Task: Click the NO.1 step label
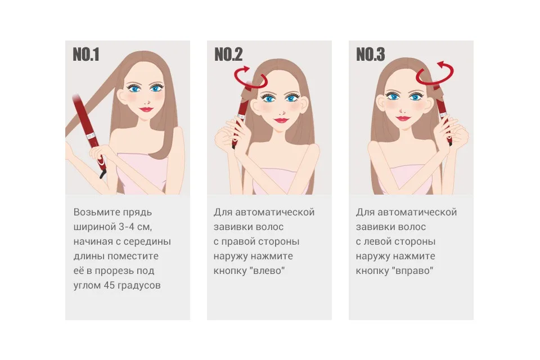coord(86,55)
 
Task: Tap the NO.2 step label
coord(228,55)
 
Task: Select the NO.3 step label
coord(370,55)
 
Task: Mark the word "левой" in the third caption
coord(378,241)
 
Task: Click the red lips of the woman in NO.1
coord(146,109)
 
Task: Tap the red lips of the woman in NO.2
coord(281,120)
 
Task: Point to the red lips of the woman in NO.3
coord(401,118)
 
